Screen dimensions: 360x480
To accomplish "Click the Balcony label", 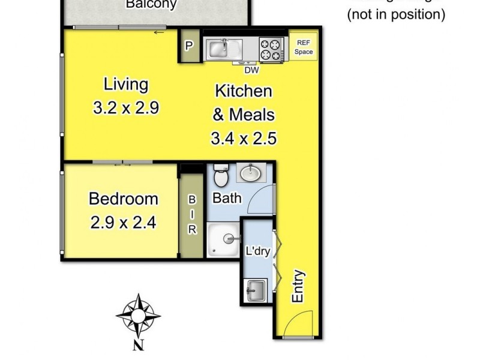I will (x=151, y=5).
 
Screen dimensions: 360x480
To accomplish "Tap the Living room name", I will (x=125, y=83).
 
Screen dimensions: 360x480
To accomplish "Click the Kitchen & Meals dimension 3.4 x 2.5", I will (x=243, y=139).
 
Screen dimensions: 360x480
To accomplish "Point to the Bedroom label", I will (x=124, y=199).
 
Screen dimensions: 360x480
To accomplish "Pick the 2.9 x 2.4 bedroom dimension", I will (x=124, y=223).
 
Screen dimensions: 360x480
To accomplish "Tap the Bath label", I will (x=227, y=197).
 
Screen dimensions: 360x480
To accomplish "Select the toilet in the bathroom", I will (x=220, y=176).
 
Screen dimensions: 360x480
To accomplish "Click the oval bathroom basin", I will (x=250, y=174).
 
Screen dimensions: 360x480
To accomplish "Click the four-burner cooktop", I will (x=271, y=48).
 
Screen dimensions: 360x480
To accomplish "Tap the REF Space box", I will (x=303, y=47).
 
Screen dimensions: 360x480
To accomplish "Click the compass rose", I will (x=138, y=315).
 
